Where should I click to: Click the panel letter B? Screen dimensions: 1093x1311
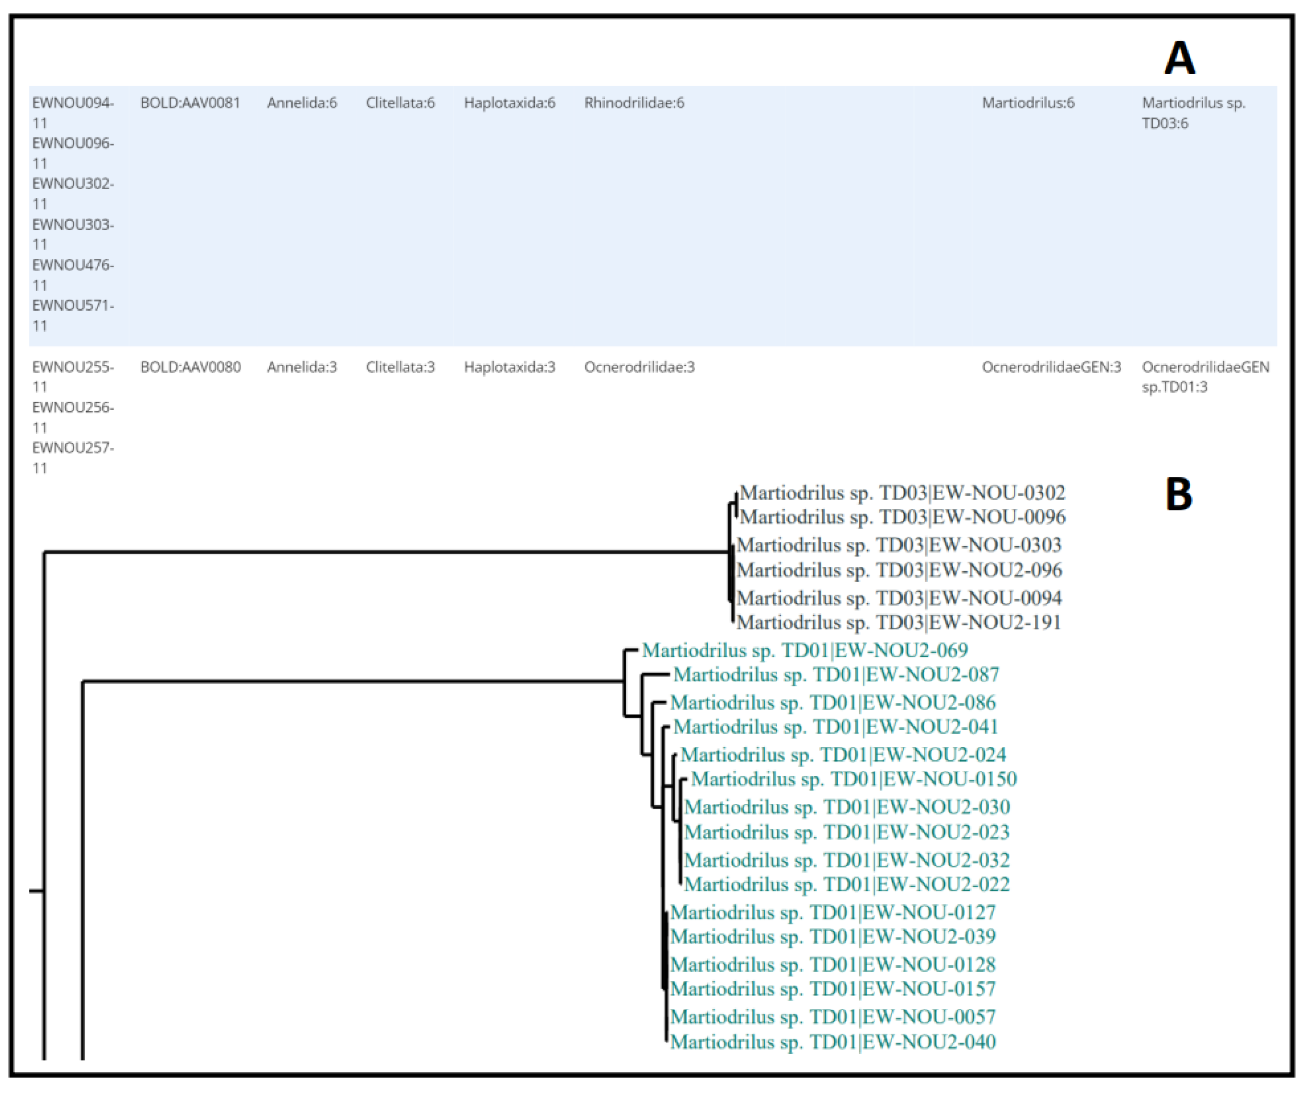(1179, 495)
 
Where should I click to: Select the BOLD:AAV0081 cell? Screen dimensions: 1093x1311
(190, 103)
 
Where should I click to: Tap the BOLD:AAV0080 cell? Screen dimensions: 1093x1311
(190, 367)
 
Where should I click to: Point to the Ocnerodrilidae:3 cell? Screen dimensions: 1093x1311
(639, 367)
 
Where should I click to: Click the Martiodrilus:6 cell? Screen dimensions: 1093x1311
(1028, 103)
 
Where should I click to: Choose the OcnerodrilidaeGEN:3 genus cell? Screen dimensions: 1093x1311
(1051, 367)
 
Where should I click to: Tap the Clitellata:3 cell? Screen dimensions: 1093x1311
(400, 367)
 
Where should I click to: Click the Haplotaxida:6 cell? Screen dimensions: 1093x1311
(509, 103)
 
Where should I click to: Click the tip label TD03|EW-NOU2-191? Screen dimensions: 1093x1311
(899, 622)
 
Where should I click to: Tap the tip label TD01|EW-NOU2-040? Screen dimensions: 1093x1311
(833, 1042)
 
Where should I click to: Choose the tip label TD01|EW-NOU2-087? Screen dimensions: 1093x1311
(836, 675)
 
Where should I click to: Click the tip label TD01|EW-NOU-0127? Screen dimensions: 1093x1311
(833, 913)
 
